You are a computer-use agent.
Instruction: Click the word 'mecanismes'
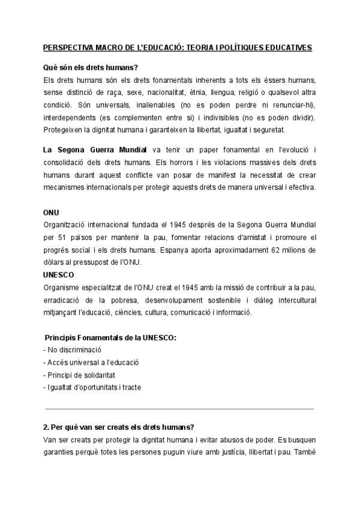[x=65, y=187]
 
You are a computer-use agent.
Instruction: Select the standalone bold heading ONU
[x=52, y=213]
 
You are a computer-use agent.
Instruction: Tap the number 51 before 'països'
[x=65, y=237]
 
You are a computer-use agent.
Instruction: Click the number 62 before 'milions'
[x=271, y=249]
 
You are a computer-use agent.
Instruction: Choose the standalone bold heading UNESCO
[x=58, y=274]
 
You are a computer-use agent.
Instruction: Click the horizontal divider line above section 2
[x=179, y=408]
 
